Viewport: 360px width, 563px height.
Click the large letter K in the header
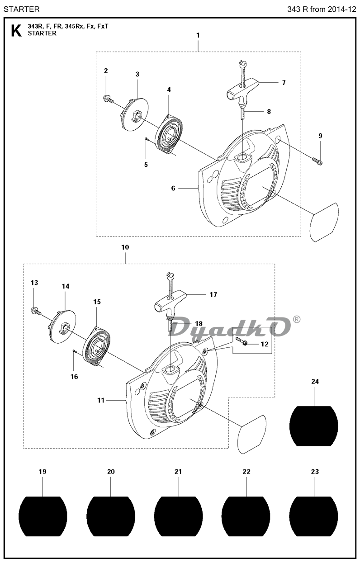pyautogui.click(x=17, y=31)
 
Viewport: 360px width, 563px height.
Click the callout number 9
pyautogui.click(x=320, y=136)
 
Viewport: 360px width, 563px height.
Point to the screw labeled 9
pyautogui.click(x=317, y=161)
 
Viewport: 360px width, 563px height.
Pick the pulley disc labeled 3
pyautogui.click(x=134, y=114)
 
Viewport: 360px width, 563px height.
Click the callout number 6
pyautogui.click(x=173, y=188)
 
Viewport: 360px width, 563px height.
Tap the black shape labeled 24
pyautogui.click(x=313, y=426)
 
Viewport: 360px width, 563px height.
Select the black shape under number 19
pyautogui.click(x=43, y=516)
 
